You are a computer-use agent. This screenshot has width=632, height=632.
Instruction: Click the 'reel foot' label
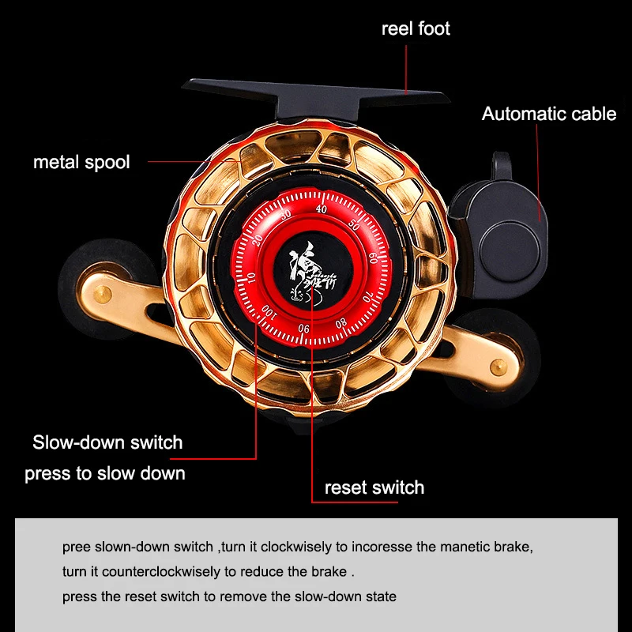coord(416,29)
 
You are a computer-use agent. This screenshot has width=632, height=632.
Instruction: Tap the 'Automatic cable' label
coord(548,114)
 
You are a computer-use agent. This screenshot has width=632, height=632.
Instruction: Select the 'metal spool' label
coord(81,163)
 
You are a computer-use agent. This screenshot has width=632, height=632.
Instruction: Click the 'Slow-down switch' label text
coord(107,442)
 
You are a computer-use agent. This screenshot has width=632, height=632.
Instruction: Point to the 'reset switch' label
coord(374,488)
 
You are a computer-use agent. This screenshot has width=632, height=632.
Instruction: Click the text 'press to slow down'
coord(105,474)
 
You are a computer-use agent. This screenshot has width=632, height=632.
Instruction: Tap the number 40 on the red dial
coord(321,209)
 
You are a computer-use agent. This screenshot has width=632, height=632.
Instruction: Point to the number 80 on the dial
coord(341,322)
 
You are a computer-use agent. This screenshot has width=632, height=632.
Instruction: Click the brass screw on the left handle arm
coord(101,294)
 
